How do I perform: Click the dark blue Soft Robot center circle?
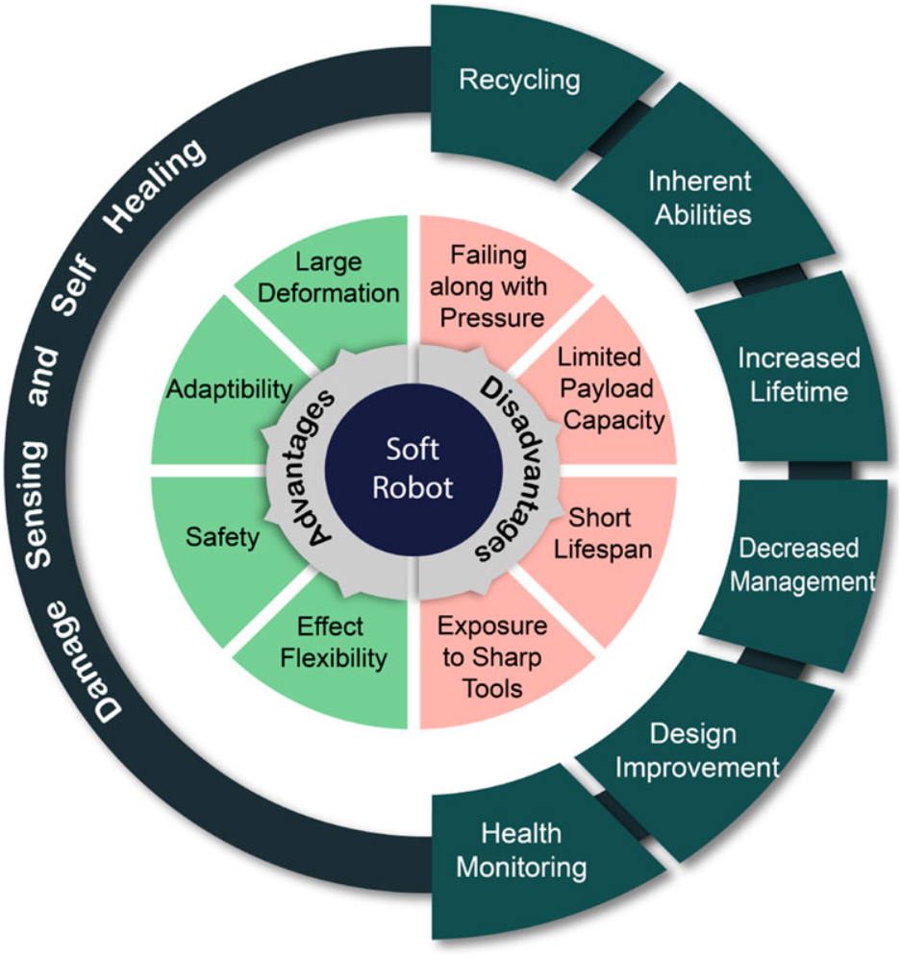click(413, 468)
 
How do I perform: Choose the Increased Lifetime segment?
click(798, 373)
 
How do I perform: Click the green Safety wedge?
click(223, 538)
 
